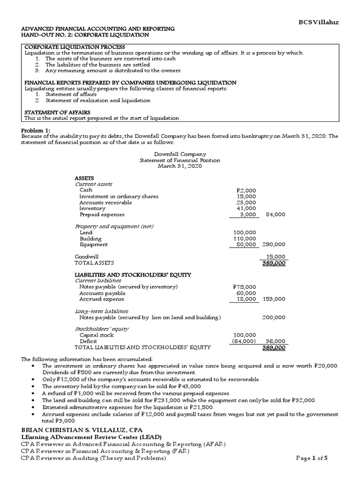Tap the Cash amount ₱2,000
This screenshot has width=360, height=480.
tap(246, 190)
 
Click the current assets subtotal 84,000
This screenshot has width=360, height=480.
tap(275, 214)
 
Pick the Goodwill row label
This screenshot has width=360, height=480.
tap(86, 257)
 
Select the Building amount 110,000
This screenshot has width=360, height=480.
tap(245, 239)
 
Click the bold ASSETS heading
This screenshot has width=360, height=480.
tap(84, 179)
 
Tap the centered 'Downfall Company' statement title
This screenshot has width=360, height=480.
tap(180, 154)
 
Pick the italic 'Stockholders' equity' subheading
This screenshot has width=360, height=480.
tap(102, 329)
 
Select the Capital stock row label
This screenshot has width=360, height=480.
tap(97, 335)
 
